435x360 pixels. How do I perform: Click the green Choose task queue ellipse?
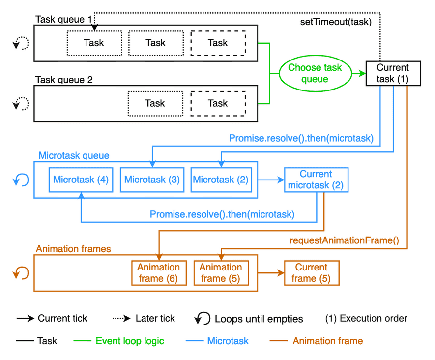(x=315, y=74)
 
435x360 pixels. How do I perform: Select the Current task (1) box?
(x=393, y=73)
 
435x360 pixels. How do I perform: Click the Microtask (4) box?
(x=81, y=180)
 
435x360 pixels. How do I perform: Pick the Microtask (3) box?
(x=152, y=180)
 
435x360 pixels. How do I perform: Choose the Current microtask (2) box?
(x=316, y=180)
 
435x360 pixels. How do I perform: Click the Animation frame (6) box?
(x=158, y=273)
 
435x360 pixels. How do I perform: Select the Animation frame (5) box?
(x=221, y=273)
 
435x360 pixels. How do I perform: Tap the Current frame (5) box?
(x=311, y=273)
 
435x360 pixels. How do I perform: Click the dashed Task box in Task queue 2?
(x=218, y=103)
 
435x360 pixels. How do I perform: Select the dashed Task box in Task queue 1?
(x=218, y=43)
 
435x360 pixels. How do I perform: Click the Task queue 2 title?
(x=64, y=79)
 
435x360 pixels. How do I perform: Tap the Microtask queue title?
(x=74, y=155)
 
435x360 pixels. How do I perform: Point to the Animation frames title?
(x=73, y=249)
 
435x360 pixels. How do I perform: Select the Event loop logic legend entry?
(x=119, y=341)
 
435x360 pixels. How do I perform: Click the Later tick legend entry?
(x=144, y=318)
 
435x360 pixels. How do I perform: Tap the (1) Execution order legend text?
(x=366, y=318)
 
